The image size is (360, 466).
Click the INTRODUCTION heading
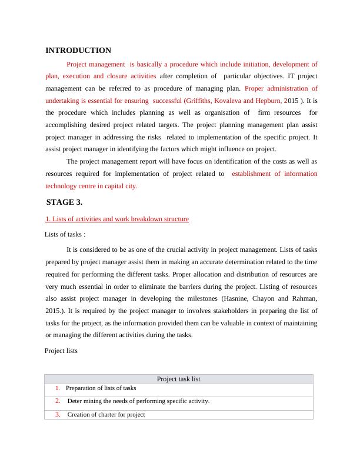(x=78, y=51)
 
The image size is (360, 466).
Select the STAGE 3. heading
(x=64, y=202)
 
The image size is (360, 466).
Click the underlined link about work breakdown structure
(x=117, y=219)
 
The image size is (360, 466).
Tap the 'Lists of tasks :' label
(x=65, y=234)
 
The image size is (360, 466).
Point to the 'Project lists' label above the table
(x=61, y=351)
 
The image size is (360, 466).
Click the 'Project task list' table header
(x=179, y=379)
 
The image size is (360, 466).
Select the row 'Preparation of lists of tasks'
(x=101, y=388)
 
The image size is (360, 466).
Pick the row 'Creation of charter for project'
(x=106, y=414)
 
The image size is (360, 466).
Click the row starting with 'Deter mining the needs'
(x=138, y=401)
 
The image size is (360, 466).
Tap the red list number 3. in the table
(x=58, y=414)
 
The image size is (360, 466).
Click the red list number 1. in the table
(x=58, y=388)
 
